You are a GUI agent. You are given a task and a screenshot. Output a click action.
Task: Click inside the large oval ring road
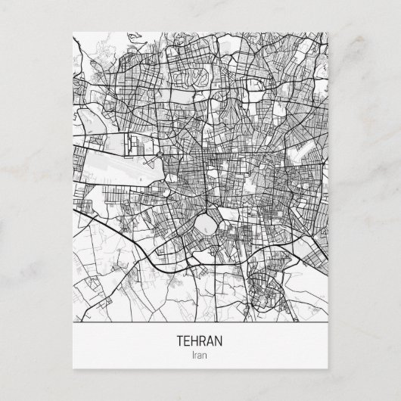pyautogui.click(x=208, y=225)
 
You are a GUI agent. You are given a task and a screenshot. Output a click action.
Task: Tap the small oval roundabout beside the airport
pyautogui.click(x=161, y=157)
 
